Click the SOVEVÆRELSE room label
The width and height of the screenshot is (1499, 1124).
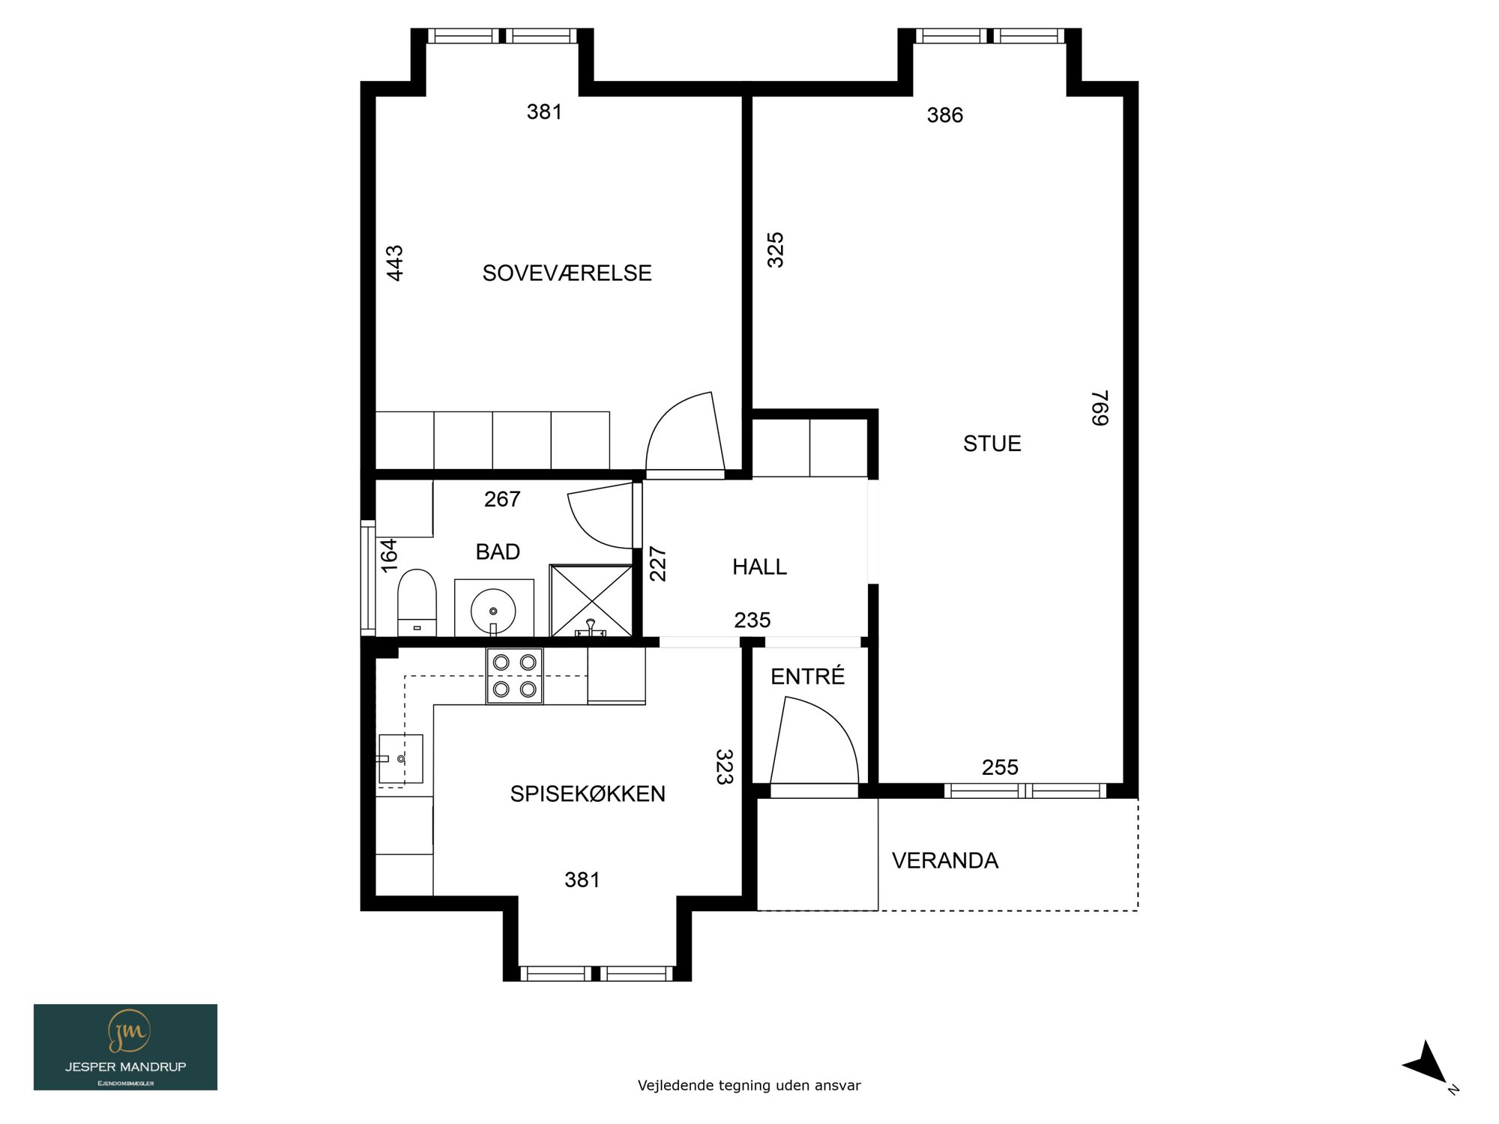pos(567,273)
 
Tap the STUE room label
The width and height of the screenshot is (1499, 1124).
pos(992,444)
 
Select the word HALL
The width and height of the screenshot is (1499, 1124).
pos(759,567)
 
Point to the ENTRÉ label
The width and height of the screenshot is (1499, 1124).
pos(807,676)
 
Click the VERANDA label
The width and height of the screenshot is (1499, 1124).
pos(945,860)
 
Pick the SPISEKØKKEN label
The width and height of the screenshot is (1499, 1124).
pos(588,794)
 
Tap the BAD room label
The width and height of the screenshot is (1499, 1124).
pos(498,552)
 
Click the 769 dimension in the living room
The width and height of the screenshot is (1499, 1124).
pos(1100,408)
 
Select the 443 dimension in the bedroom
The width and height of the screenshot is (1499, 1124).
pos(395,263)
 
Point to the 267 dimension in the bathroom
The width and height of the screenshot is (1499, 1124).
pos(502,499)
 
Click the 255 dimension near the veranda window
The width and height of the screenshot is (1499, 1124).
pos(1000,767)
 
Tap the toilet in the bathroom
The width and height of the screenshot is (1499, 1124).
pos(417,602)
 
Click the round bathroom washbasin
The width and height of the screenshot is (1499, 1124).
pos(493,611)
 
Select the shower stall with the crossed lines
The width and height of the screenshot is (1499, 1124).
pos(591,601)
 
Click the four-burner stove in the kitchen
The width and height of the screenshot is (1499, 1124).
pos(515,676)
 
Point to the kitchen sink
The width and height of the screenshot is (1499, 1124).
pos(400,758)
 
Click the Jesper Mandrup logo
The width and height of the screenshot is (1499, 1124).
pos(125,1047)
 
